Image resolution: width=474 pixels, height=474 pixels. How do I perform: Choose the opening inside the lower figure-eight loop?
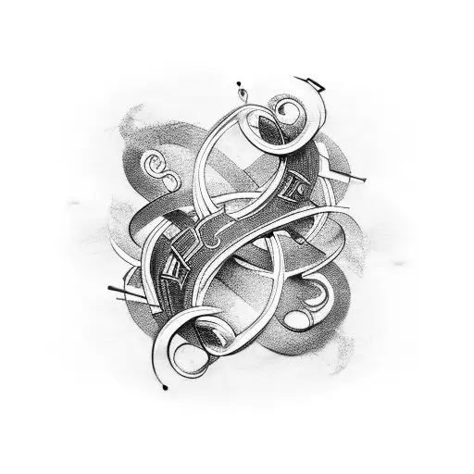coord(264,268)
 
